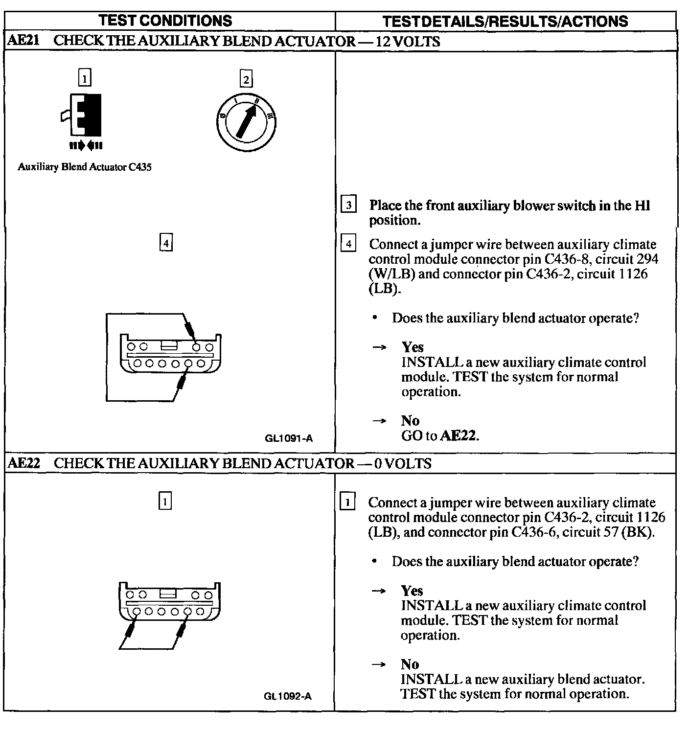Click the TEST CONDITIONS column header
165,21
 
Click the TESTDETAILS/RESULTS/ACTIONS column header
505,21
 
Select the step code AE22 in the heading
23,463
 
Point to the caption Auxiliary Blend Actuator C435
85,167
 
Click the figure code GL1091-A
288,438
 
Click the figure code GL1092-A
288,696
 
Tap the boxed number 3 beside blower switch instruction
348,205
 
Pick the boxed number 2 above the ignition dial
246,79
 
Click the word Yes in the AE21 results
413,347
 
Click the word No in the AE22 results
410,664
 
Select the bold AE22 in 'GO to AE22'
459,435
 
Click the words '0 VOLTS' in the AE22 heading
403,463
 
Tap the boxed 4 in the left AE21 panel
166,243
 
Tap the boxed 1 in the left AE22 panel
165,501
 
